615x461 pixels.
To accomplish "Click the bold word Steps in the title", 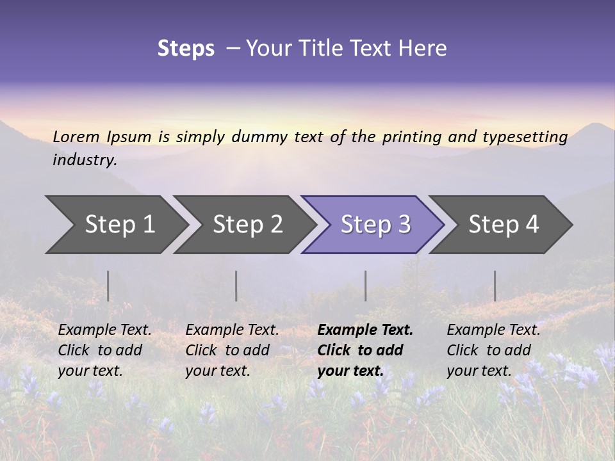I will coord(186,49).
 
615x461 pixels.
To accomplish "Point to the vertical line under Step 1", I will coord(108,286).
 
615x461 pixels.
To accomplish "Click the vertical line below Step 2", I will coord(236,286).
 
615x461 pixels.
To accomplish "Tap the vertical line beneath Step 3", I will coord(365,286).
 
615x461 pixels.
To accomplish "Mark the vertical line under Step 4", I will coord(495,286).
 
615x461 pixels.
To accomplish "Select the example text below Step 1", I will coord(104,350).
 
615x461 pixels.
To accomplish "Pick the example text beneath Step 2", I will coord(232,350).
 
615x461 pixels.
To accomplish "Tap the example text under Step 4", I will coord(493,350).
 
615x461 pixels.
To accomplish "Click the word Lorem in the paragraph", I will coord(76,136).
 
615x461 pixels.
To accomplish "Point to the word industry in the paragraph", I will coord(84,159).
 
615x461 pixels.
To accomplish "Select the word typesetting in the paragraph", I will coord(525,137).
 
